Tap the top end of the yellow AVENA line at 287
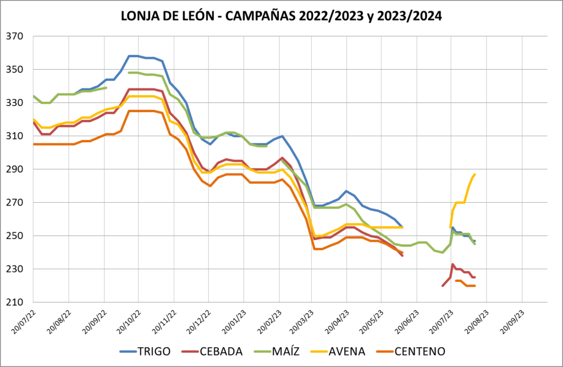click(475, 174)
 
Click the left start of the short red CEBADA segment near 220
click(442, 286)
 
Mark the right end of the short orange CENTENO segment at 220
click(475, 286)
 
